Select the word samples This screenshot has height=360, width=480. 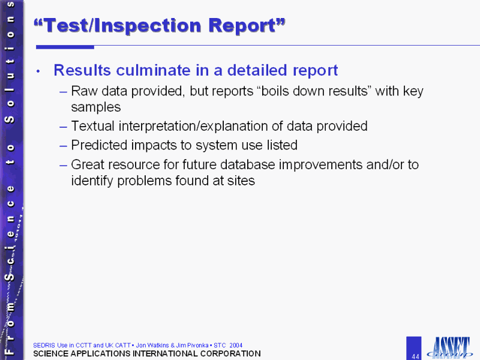point(96,107)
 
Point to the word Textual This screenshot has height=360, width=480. point(93,126)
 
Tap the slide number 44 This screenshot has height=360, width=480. point(415,356)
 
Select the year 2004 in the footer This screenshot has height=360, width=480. point(236,346)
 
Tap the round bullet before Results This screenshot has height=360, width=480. point(38,71)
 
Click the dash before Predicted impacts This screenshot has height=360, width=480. point(64,146)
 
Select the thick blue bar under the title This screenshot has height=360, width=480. point(65,47)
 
